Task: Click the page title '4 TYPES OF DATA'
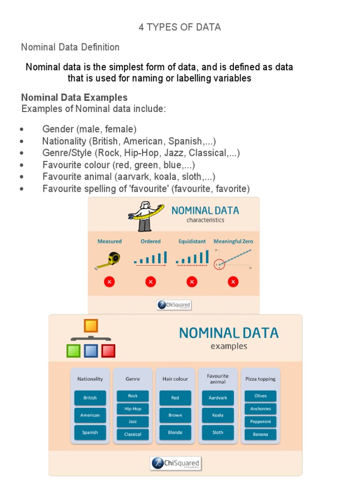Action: pos(180,27)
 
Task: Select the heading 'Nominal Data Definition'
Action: pos(70,47)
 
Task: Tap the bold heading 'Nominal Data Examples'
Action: pos(74,97)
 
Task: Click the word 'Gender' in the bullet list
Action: pos(58,129)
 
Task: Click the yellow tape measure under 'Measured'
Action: pos(110,259)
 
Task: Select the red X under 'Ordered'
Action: pos(150,282)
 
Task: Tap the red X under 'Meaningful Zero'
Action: pos(233,282)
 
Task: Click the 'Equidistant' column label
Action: pos(192,241)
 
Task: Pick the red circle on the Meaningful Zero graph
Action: pos(219,265)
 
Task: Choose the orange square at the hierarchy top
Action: pos(90,326)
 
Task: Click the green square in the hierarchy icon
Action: pos(74,351)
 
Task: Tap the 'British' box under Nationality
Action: pos(90,398)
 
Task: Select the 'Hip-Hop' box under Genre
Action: pos(133,409)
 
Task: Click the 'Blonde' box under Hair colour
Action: pos(175,432)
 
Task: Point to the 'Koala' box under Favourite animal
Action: pos(217,415)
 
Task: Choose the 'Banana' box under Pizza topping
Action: pos(260,434)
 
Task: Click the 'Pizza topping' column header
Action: pos(260,379)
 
